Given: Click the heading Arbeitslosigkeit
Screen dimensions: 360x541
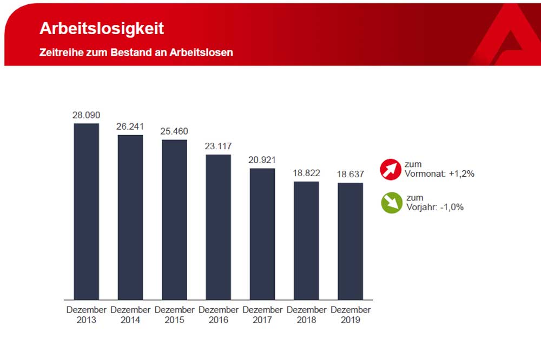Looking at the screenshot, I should (102, 29).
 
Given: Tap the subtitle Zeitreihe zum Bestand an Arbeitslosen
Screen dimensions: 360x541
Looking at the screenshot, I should (136, 53).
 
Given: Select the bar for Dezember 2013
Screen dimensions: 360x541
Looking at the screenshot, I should (87, 211).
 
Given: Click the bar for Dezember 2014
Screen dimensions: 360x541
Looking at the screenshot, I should (130, 217).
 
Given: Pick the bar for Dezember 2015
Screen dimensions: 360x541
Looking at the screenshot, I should (174, 219).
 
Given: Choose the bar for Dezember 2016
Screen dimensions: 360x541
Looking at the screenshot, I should (218, 226).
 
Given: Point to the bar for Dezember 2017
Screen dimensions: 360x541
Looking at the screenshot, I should (262, 234).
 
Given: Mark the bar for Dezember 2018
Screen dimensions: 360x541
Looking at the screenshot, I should (306, 240).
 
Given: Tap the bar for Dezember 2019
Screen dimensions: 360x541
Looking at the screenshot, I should (350, 241).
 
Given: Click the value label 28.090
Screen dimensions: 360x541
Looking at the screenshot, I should (87, 115).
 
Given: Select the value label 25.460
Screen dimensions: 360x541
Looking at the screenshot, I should (174, 131).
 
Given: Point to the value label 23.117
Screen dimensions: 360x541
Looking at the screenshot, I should (218, 146).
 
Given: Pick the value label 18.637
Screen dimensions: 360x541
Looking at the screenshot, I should (350, 174).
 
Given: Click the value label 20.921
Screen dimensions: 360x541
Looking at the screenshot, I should (262, 160).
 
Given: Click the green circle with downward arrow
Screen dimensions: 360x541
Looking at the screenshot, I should (391, 203).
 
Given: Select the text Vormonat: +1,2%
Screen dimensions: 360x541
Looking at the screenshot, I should (439, 174).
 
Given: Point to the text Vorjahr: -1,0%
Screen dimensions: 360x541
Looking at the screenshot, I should (434, 207).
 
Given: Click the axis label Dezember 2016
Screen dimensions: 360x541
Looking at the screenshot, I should (218, 315).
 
